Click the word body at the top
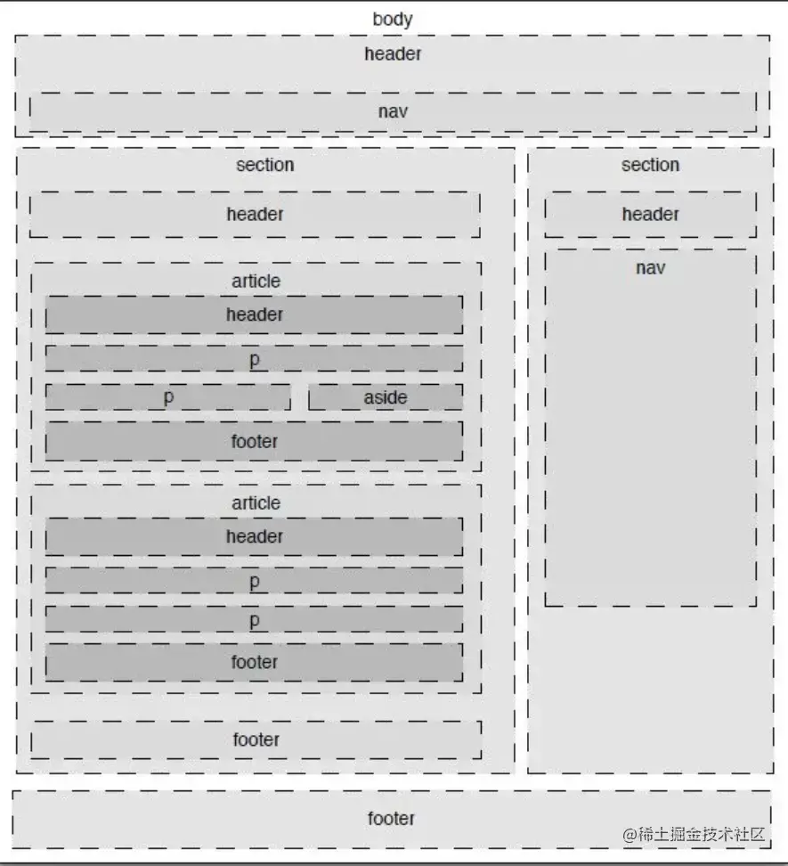393,19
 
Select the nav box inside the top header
393,112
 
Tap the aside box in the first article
386,397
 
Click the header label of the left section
255,214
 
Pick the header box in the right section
650,214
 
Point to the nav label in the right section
650,267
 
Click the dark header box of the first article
254,315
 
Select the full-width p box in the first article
254,359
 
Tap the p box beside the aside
167,397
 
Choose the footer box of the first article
254,441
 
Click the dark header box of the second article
254,536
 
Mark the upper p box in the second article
254,581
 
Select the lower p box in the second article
254,619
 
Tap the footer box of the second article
254,662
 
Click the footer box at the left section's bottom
256,739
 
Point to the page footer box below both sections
391,818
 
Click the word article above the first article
256,281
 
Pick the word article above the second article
256,502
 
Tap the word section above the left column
264,165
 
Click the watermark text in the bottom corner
694,834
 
